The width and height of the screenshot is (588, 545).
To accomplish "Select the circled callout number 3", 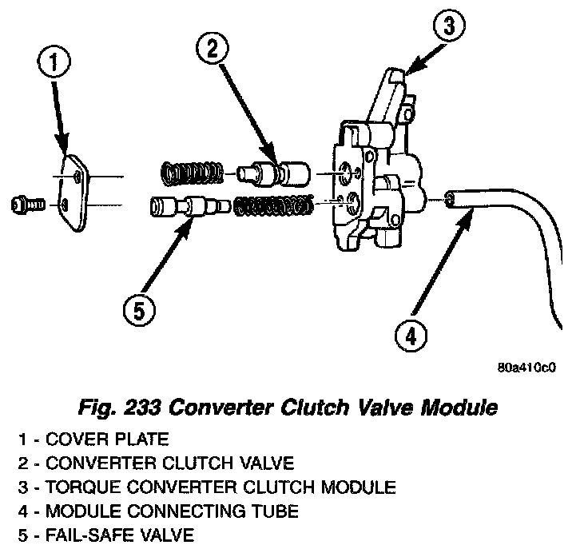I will click(448, 26).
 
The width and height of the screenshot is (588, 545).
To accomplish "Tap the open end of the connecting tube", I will click(452, 197).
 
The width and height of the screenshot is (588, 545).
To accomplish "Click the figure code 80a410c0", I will click(526, 368).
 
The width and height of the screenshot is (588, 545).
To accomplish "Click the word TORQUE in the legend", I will click(76, 485).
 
